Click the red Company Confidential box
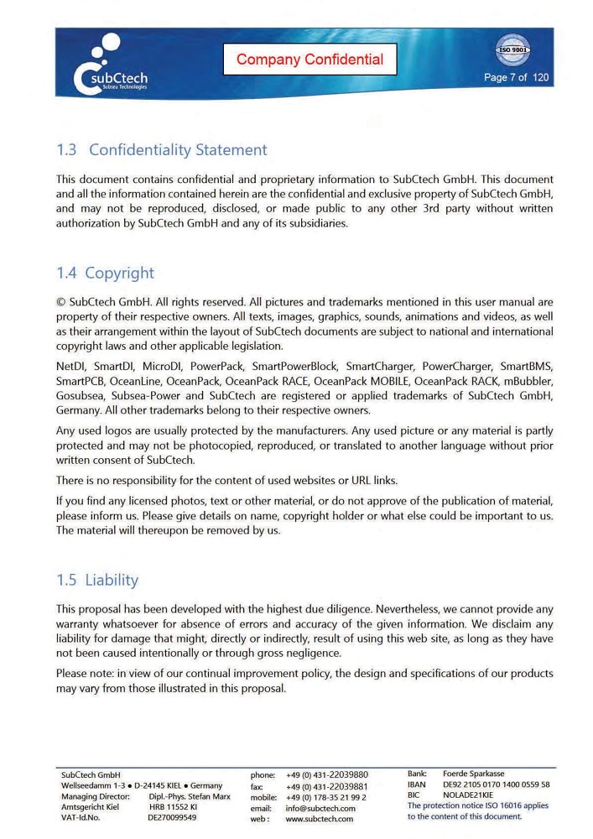(310, 60)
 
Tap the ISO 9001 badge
(513, 49)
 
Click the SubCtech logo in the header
(111, 67)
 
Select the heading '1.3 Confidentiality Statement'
(161, 150)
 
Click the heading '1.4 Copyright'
(105, 273)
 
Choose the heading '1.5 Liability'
(97, 580)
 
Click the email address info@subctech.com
(320, 808)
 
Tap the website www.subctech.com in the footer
(320, 819)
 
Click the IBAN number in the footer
(496, 784)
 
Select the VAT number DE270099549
(172, 817)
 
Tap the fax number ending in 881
(326, 786)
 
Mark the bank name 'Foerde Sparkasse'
(474, 774)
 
